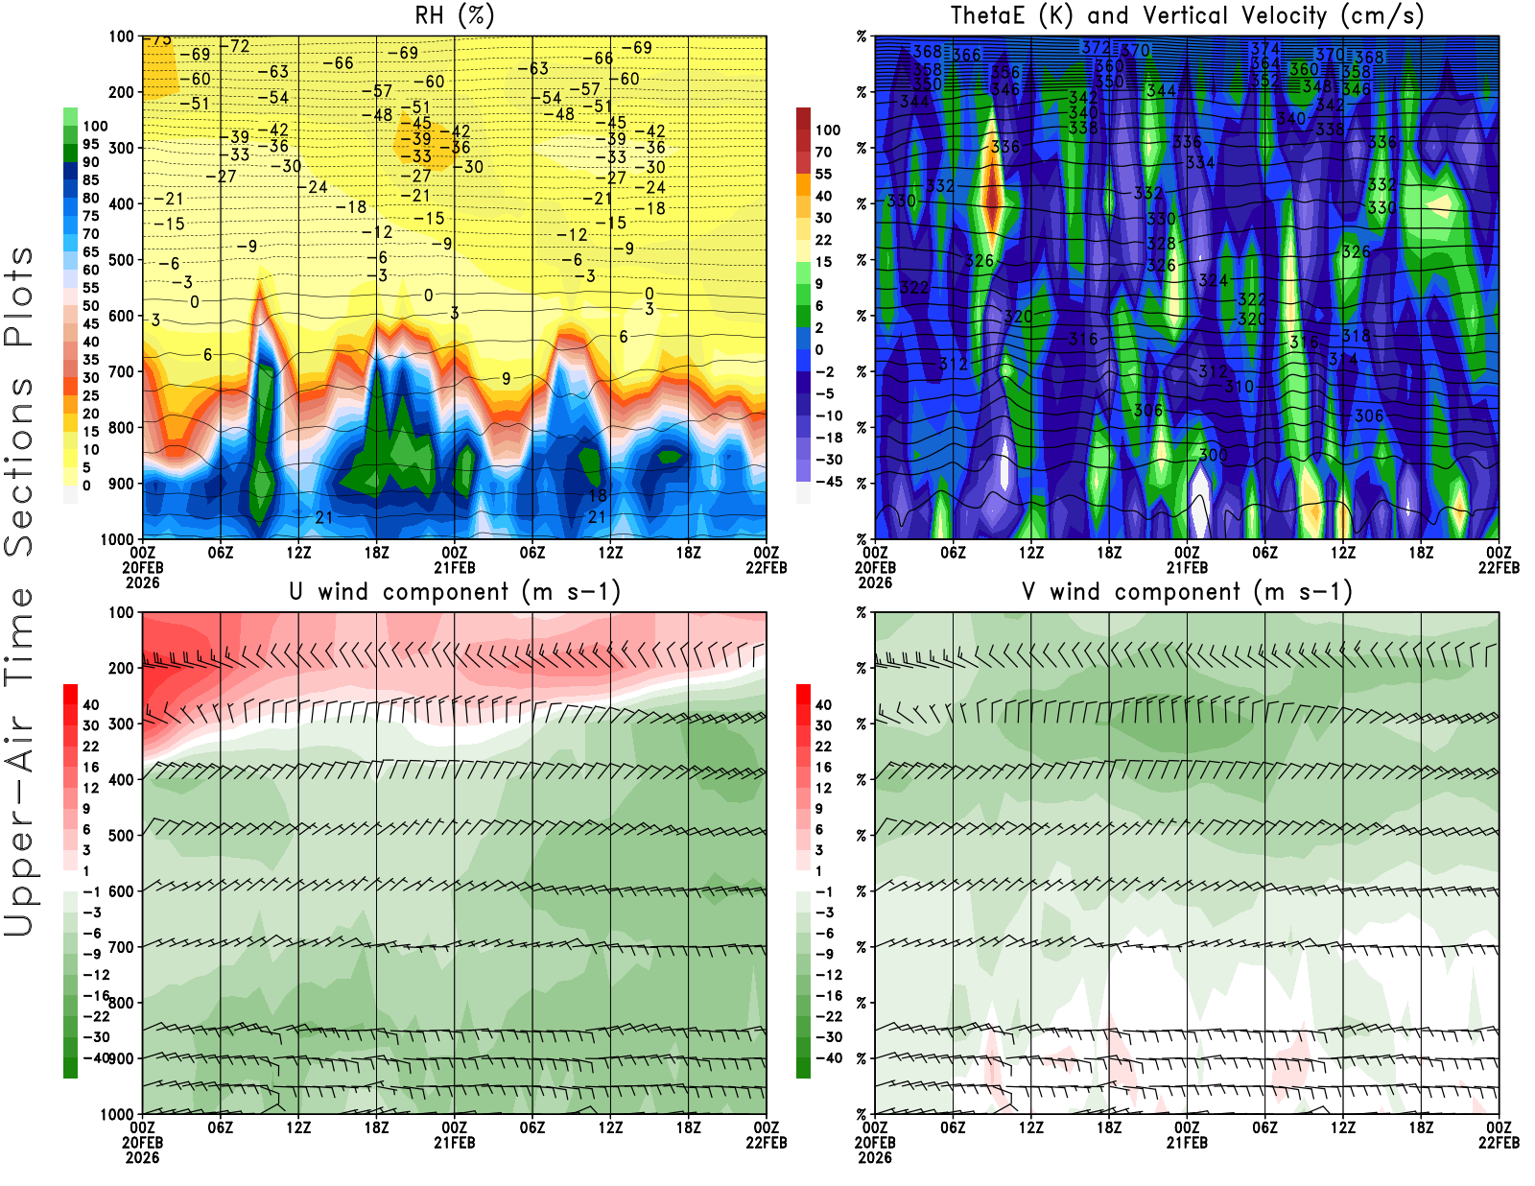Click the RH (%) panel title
pyautogui.click(x=455, y=16)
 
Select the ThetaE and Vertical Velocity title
pyautogui.click(x=1187, y=16)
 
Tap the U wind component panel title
pyautogui.click(x=455, y=592)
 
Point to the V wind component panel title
pyautogui.click(x=1187, y=592)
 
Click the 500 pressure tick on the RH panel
pyautogui.click(x=122, y=260)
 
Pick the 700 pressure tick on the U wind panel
pyautogui.click(x=122, y=947)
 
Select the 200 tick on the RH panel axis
pyautogui.click(x=122, y=92)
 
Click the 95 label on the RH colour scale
pyautogui.click(x=90, y=144)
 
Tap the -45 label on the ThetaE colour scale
pyautogui.click(x=828, y=482)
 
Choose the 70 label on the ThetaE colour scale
pyautogui.click(x=823, y=152)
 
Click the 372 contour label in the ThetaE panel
pyautogui.click(x=1095, y=47)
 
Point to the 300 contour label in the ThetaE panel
pyautogui.click(x=1213, y=455)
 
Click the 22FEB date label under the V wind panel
pyautogui.click(x=1499, y=1143)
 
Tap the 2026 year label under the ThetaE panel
pyautogui.click(x=875, y=582)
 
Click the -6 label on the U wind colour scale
pyautogui.click(x=92, y=933)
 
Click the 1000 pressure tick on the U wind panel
pyautogui.click(x=118, y=1114)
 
